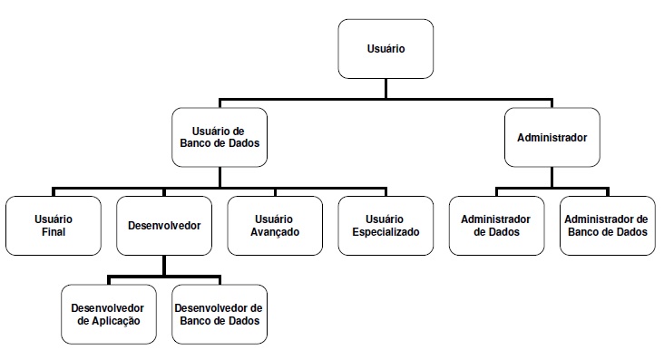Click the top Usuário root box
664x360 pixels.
point(386,49)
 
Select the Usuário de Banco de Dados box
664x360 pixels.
point(220,137)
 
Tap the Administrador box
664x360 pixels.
point(552,137)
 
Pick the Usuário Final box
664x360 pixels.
point(54,226)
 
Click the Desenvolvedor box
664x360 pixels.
point(164,226)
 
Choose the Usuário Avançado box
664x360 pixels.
point(275,226)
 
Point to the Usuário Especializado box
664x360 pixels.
point(386,226)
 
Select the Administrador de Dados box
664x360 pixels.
point(497,226)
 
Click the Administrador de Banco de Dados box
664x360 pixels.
point(608,226)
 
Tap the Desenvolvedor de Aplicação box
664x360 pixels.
point(109,315)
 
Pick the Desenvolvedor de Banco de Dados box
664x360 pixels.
point(220,315)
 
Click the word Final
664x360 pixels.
point(54,232)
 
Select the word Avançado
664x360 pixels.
point(275,232)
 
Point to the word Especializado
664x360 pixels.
point(386,232)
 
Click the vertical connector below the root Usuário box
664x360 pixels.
point(386,89)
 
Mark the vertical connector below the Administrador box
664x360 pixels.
point(552,177)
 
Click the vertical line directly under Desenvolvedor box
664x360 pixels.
point(164,266)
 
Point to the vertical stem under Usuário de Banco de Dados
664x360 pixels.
point(220,177)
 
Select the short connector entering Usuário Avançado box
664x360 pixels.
point(275,192)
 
